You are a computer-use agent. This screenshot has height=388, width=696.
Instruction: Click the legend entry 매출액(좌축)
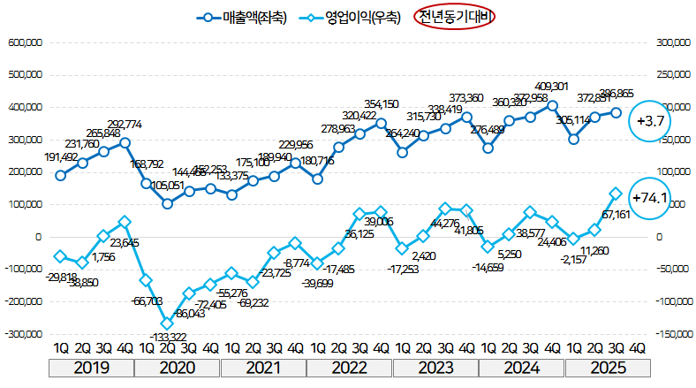pyautogui.click(x=239, y=17)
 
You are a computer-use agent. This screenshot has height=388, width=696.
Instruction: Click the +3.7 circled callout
pyautogui.click(x=654, y=120)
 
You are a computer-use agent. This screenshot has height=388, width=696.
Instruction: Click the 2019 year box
pyautogui.click(x=92, y=367)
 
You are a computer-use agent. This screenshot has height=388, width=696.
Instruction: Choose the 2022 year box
pyautogui.click(x=350, y=367)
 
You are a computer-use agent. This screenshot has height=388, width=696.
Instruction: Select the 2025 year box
pyautogui.click(x=609, y=367)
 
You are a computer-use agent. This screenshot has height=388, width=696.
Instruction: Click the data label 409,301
pyautogui.click(x=552, y=87)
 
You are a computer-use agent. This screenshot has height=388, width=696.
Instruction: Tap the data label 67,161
pyautogui.click(x=616, y=215)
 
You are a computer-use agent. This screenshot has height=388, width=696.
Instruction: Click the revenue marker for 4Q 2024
pyautogui.click(x=552, y=105)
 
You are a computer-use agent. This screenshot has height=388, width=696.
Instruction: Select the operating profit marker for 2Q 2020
pyautogui.click(x=167, y=323)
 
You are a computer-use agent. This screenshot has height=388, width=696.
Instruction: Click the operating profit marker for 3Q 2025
pyautogui.click(x=616, y=194)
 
